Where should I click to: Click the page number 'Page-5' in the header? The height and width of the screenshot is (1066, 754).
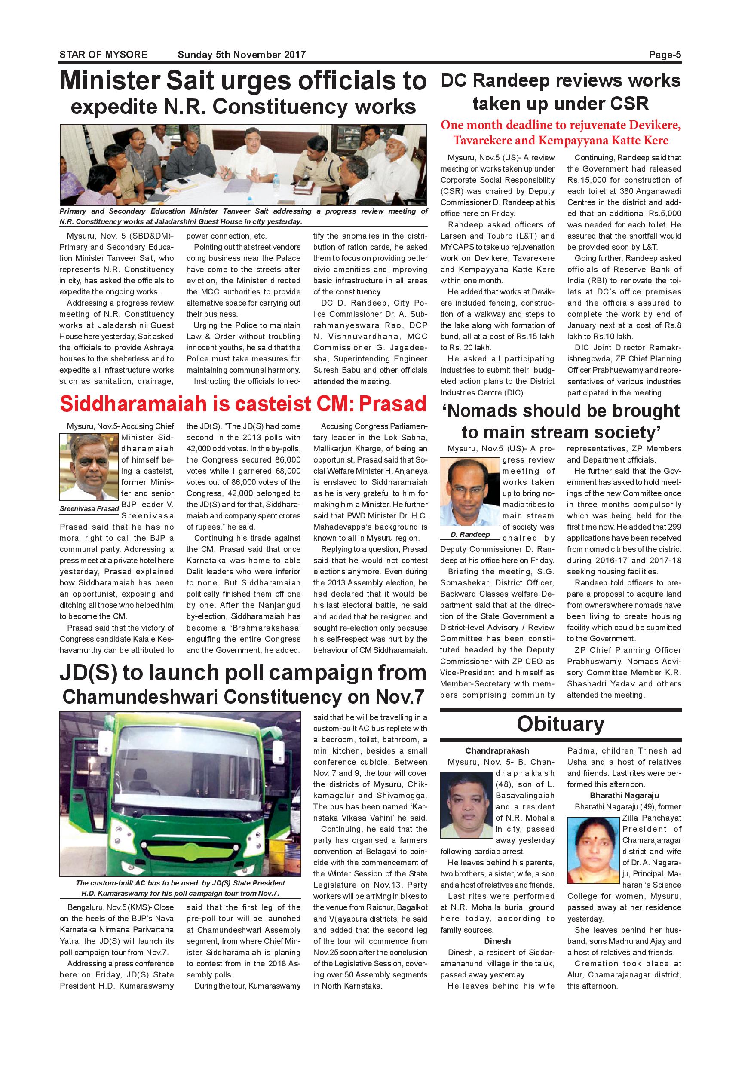click(665, 55)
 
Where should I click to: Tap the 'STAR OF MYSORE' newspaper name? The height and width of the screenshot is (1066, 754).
click(103, 55)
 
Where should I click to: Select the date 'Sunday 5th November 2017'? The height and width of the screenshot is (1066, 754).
click(242, 55)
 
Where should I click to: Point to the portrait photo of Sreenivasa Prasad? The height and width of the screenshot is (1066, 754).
click(89, 467)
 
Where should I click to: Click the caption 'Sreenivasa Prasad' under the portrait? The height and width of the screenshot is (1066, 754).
click(89, 509)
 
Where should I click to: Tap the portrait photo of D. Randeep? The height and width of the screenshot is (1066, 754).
click(470, 492)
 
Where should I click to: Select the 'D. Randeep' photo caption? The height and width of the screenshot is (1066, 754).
click(470, 534)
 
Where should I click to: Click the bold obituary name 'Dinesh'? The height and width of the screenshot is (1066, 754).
click(497, 941)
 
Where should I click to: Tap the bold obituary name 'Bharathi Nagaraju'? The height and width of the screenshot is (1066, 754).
click(624, 795)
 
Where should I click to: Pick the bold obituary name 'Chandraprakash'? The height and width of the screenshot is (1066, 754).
click(497, 751)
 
